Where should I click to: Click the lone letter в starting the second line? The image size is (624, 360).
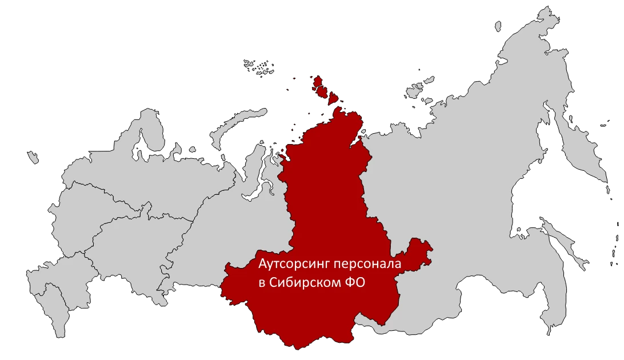(x=262, y=283)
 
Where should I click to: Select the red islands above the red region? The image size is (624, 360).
(x=320, y=89)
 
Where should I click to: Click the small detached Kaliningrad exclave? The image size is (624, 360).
(x=34, y=156)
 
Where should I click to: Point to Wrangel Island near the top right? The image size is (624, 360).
(x=497, y=24)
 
